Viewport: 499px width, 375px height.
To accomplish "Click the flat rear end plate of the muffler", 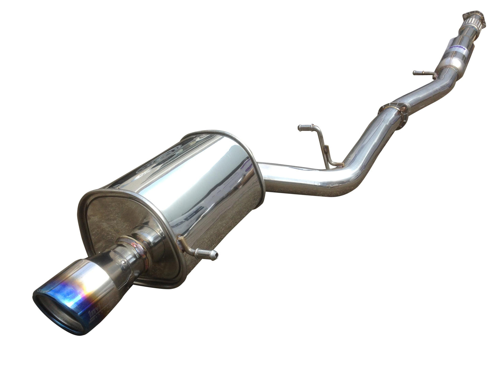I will (114, 221).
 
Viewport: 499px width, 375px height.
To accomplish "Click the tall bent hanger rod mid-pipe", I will (321, 142).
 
